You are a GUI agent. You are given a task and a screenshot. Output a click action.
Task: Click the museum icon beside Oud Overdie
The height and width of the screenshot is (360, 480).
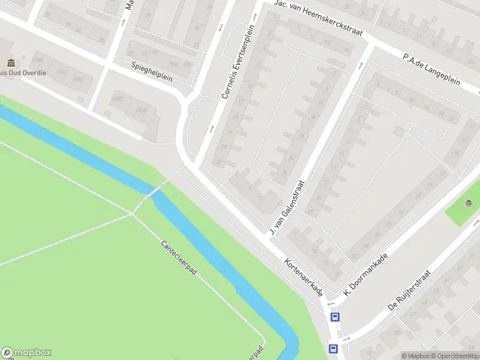(11, 63)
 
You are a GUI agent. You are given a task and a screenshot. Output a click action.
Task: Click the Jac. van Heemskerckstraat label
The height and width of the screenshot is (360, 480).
(318, 19)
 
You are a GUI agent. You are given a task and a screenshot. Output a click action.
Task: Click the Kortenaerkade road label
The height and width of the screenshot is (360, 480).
(304, 277)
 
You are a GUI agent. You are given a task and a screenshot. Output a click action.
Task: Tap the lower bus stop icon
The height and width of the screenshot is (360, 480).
(332, 349)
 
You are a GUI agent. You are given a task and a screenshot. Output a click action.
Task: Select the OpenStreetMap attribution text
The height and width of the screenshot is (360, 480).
(456, 356)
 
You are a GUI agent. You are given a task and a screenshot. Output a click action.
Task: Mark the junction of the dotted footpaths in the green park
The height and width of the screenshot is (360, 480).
(131, 213)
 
